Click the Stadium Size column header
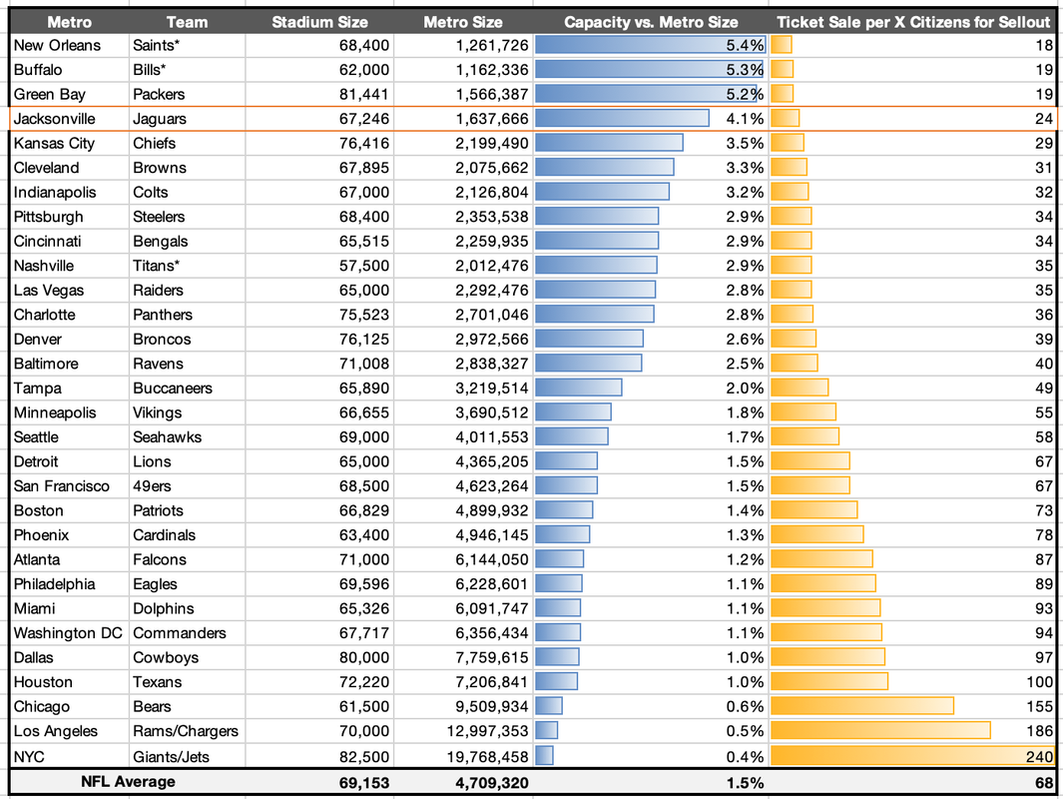point(319,21)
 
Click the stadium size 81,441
point(362,94)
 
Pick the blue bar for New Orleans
point(649,45)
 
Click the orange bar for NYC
point(912,756)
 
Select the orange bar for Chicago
point(862,706)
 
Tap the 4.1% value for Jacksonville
point(745,119)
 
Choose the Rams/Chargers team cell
point(186,731)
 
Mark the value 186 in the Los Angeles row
point(1039,731)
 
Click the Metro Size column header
point(462,21)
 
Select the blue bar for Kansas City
point(609,143)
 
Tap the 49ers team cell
point(152,486)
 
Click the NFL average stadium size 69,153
point(362,782)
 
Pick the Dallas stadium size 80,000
point(362,657)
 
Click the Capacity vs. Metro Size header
point(651,21)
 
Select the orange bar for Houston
point(829,682)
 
